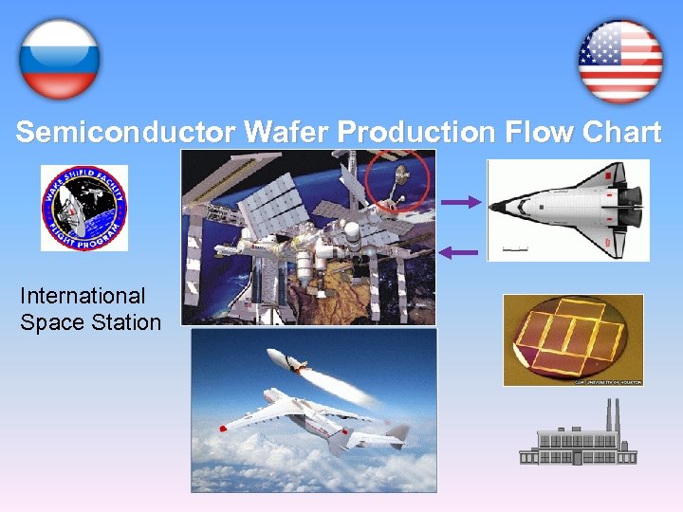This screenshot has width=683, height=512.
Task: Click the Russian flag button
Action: coord(59,59)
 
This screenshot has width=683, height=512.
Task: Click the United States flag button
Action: coord(620,62)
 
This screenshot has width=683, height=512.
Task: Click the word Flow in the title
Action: coord(538,132)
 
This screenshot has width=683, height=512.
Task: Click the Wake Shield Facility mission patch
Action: coord(83,209)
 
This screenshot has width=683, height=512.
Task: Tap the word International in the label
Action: coord(83,296)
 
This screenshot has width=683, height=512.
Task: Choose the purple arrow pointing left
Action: coord(460,251)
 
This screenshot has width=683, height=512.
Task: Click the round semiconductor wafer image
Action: coord(573,338)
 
